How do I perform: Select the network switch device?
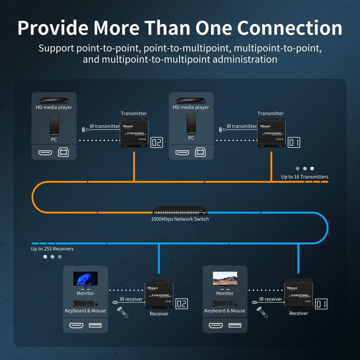[x=180, y=211]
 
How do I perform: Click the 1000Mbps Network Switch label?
[x=180, y=219]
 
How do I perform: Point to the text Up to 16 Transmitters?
[x=305, y=177]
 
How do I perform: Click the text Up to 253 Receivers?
[x=52, y=248]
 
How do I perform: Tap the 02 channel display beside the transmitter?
[x=157, y=143]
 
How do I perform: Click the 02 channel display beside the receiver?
[x=181, y=304]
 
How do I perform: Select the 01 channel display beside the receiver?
[x=321, y=304]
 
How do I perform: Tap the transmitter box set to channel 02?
[x=134, y=133]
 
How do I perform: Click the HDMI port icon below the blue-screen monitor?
[x=75, y=325]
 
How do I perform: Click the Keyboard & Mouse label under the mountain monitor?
[x=225, y=310]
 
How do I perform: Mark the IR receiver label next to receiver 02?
[x=131, y=299]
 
